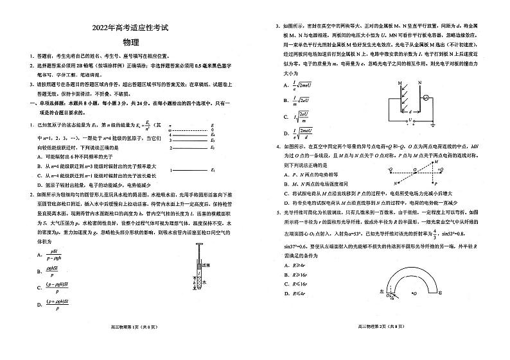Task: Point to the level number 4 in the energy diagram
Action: (169, 133)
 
